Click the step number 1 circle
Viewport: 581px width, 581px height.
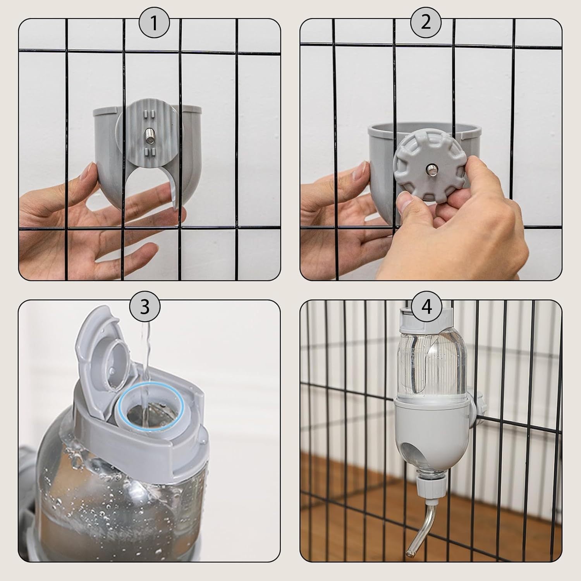[x=154, y=24]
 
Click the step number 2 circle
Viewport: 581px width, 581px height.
[x=425, y=23]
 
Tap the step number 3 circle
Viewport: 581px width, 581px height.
[x=144, y=307]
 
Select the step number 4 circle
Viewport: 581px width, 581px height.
[x=426, y=307]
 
